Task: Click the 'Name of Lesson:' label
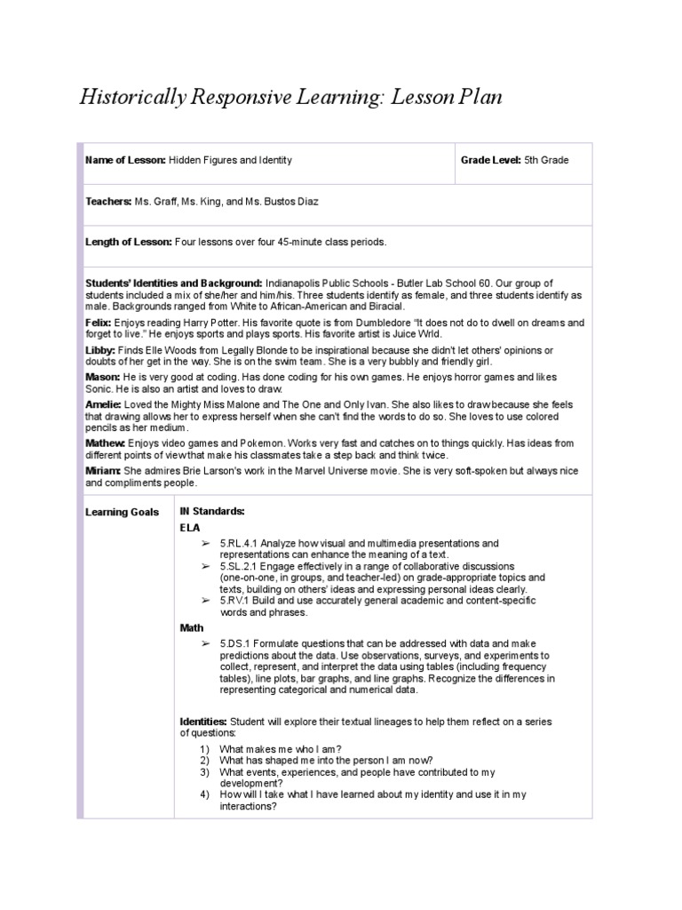click(x=125, y=160)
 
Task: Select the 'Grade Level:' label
click(x=490, y=160)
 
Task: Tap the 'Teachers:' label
click(x=108, y=202)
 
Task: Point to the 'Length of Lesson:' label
click(x=129, y=242)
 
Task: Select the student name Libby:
click(x=99, y=351)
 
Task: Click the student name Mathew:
click(x=106, y=443)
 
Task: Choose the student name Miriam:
click(x=104, y=471)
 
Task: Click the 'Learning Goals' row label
click(x=122, y=512)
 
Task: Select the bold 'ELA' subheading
click(x=190, y=527)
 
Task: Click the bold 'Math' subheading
click(x=192, y=627)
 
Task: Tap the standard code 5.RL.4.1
click(x=240, y=543)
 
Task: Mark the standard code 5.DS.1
click(x=235, y=643)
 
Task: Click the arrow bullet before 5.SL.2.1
click(x=205, y=566)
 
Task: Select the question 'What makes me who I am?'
click(x=280, y=748)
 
